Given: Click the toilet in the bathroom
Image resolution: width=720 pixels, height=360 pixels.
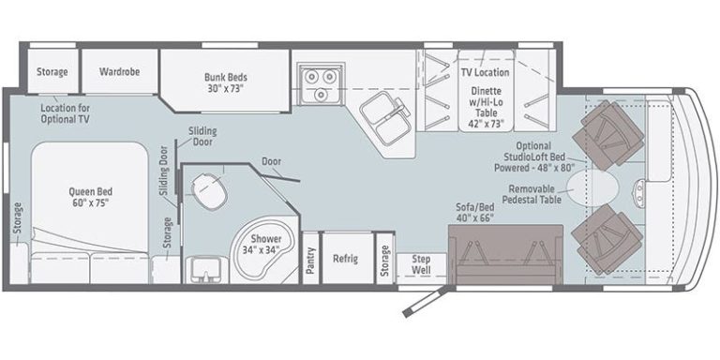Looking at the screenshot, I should [x=212, y=194].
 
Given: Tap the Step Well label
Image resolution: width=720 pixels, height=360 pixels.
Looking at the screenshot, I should [x=420, y=265].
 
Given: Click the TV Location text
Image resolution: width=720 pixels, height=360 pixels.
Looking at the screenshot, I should [x=485, y=72].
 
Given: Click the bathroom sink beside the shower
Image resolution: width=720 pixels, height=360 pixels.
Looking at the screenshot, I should [x=203, y=268].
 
